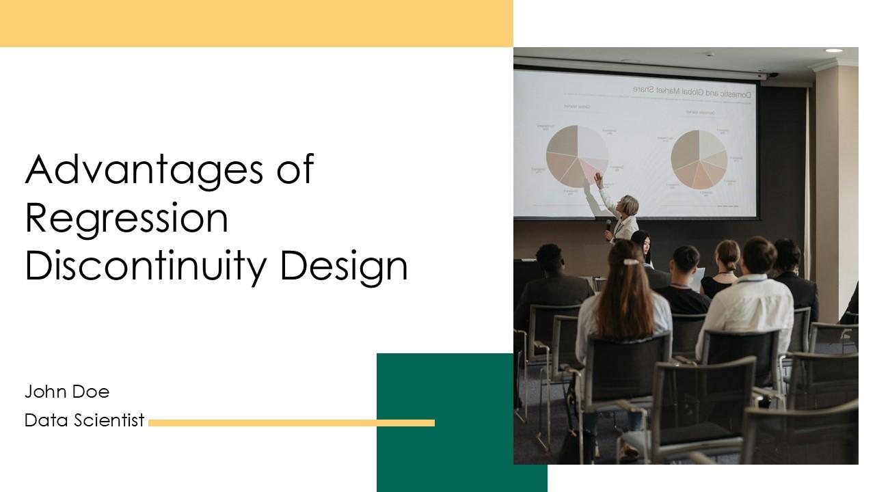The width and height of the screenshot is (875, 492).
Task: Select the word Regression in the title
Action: [x=126, y=218]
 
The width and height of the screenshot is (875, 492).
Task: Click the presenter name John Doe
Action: [x=67, y=392]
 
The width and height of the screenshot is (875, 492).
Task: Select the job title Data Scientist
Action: [x=84, y=420]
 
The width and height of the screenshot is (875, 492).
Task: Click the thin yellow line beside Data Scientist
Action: [x=291, y=423]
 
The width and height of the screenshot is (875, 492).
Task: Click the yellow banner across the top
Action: [x=256, y=23]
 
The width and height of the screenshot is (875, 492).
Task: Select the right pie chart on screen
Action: [x=699, y=159]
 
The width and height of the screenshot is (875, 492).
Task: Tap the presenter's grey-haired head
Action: [x=628, y=204]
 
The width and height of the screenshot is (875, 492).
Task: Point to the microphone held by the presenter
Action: [x=608, y=224]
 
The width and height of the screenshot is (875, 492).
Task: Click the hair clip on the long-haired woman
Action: [x=630, y=260]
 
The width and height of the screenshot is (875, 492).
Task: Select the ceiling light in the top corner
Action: [x=833, y=51]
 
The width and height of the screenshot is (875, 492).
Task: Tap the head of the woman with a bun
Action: [x=727, y=255]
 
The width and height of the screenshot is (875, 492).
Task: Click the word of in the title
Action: [x=295, y=169]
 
